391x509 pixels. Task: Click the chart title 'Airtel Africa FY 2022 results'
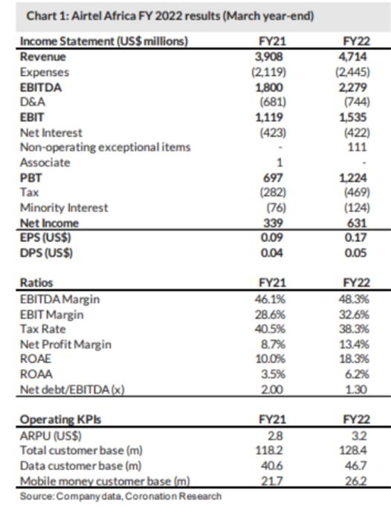[146, 16]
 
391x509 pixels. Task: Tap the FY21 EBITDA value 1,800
[269, 87]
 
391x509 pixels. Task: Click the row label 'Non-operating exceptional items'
[106, 147]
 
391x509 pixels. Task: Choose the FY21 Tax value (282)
[273, 193]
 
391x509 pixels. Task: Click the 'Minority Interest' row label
[64, 208]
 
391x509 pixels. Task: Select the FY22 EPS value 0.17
[355, 237]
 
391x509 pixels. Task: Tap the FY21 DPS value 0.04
[271, 253]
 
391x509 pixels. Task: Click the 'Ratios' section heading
[36, 283]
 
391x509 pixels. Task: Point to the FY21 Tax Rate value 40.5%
[270, 329]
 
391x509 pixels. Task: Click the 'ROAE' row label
[36, 359]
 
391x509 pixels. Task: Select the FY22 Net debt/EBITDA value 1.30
[355, 389]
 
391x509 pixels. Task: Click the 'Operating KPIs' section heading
[61, 420]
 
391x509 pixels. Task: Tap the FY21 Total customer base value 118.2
[269, 450]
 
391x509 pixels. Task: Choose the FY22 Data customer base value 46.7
[355, 466]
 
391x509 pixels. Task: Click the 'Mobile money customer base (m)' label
[105, 481]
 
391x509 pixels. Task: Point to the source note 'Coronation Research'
[173, 496]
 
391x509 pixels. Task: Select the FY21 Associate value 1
[279, 162]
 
